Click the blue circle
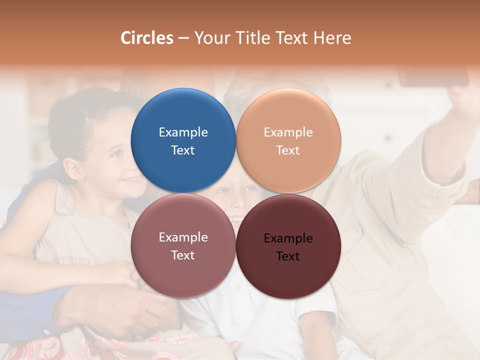[x=183, y=140]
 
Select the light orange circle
[x=288, y=140]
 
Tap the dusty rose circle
[x=183, y=245]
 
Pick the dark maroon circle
[x=288, y=246]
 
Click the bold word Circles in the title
[x=147, y=38]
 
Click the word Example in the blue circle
[x=183, y=132]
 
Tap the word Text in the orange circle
[x=288, y=150]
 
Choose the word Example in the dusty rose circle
[x=183, y=237]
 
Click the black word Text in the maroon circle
[x=288, y=256]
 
